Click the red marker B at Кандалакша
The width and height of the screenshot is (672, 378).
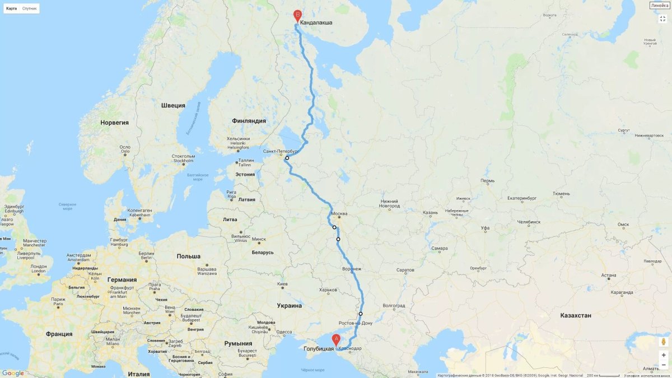coord(297,16)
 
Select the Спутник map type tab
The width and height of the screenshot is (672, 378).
coord(30,8)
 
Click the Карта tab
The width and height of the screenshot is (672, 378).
coord(11,8)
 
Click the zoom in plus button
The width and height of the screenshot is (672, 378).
coord(664,355)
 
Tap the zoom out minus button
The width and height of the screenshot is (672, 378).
coord(664,365)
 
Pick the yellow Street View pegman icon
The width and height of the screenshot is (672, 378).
coord(664,341)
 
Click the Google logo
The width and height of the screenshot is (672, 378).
coord(13,373)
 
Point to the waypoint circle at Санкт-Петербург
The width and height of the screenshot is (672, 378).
coord(287,158)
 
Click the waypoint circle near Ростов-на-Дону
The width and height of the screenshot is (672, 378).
coord(361,314)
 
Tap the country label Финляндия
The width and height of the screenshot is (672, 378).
coord(249,121)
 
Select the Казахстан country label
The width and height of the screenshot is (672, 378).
coord(576,315)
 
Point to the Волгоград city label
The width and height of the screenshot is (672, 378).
coord(393,306)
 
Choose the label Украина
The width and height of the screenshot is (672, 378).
coord(289,306)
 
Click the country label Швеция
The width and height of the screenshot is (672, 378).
coord(173,105)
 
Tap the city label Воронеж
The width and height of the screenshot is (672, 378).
coord(352,269)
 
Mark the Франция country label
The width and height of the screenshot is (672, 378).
coord(59,334)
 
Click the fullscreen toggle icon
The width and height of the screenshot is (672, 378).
coord(662,18)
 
